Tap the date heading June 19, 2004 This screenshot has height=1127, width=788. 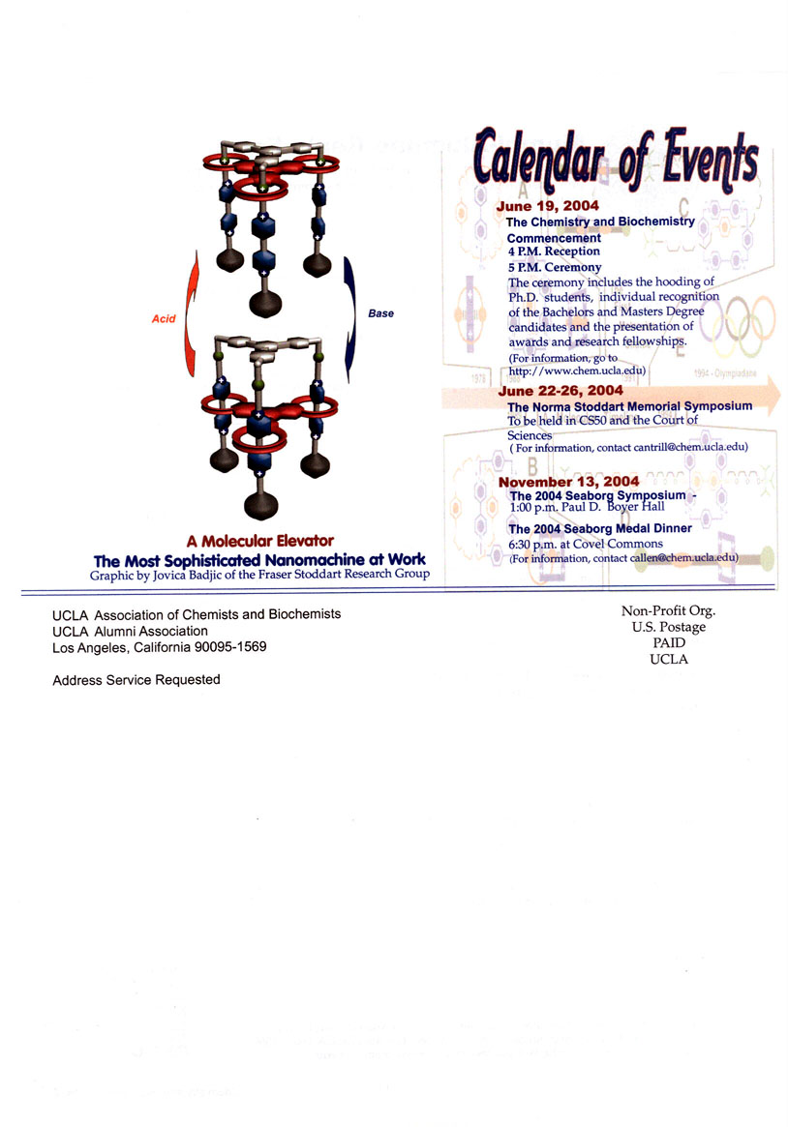click(x=547, y=206)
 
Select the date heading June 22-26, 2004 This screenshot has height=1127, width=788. click(x=561, y=391)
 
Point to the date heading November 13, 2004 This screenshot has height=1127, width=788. click(x=568, y=482)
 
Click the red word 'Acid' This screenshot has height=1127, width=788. click(x=164, y=318)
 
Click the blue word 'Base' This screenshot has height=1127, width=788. click(x=380, y=313)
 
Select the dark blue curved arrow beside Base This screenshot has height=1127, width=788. click(x=350, y=319)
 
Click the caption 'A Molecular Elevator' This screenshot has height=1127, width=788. click(x=260, y=541)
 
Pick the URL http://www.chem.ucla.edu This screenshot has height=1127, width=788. click(x=576, y=371)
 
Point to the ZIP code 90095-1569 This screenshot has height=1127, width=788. click(x=230, y=647)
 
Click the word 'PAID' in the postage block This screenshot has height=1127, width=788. click(x=669, y=642)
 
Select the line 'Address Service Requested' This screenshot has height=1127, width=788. click(x=136, y=680)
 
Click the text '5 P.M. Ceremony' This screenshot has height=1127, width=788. click(x=555, y=267)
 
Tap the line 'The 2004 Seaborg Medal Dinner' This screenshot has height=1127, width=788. click(x=599, y=528)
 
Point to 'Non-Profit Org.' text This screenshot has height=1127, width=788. click(x=669, y=611)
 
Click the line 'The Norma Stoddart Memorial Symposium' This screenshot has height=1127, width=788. click(x=630, y=407)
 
